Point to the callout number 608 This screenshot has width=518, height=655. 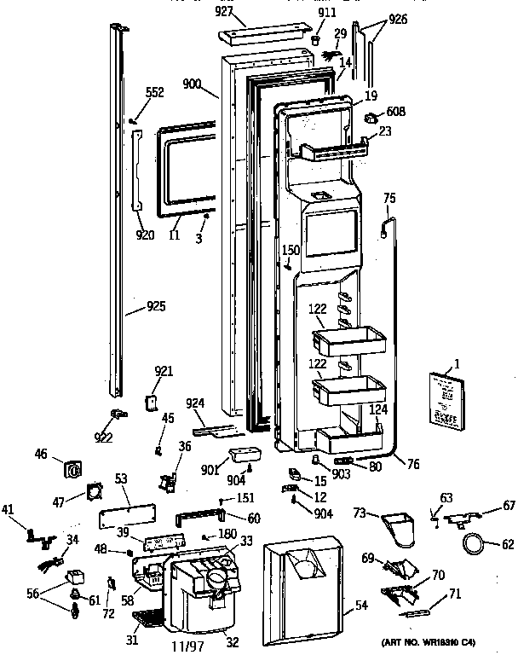(396, 111)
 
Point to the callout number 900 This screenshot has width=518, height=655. (193, 84)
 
